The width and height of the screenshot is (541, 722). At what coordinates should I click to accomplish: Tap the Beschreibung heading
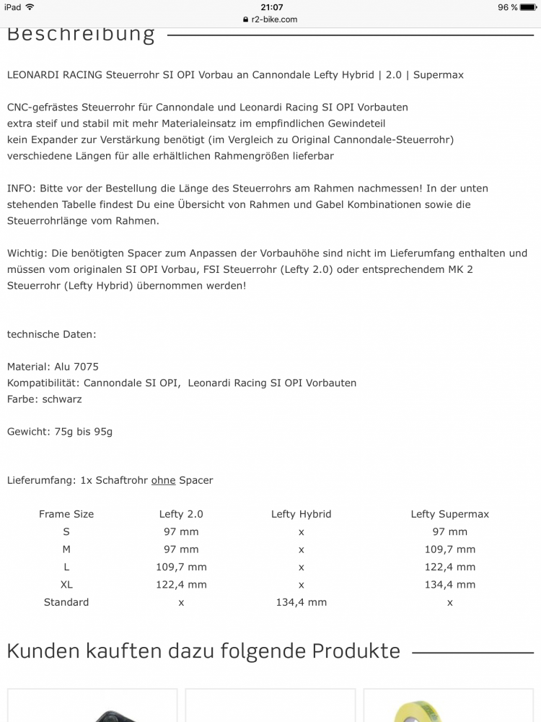pos(81,34)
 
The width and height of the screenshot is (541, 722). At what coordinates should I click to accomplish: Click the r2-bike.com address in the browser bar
pos(274,19)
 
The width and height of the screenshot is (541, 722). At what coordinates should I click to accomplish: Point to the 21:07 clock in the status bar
pos(271,7)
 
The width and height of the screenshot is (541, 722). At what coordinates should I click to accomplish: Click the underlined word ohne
pos(164,480)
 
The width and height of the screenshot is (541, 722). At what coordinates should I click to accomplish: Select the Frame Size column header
pos(66,514)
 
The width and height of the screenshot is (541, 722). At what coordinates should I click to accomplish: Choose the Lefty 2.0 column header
pos(181,514)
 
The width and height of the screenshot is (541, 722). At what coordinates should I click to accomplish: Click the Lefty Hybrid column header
pos(301,514)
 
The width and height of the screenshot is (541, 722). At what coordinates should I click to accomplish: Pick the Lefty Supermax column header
pos(449,514)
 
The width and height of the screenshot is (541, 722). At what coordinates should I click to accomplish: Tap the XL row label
pos(66,585)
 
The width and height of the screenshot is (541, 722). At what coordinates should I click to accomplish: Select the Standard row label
pos(66,602)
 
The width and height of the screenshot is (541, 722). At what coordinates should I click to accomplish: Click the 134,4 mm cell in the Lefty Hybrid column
pos(301,602)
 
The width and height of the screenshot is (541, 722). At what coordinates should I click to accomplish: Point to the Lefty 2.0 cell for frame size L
pos(181,567)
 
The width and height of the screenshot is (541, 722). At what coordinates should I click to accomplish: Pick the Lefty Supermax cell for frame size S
pos(449,531)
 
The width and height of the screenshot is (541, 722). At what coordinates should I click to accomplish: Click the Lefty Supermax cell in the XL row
pos(449,585)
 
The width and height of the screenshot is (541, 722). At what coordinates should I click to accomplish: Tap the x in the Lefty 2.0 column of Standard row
pos(181,603)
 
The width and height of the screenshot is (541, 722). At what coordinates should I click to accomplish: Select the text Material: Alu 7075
pos(53,367)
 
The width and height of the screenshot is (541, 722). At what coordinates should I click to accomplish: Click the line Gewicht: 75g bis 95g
pos(60,432)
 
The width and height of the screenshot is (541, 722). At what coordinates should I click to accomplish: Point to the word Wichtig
pos(26,253)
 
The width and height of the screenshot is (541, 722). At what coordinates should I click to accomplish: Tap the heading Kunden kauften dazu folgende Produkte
pos(203,651)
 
